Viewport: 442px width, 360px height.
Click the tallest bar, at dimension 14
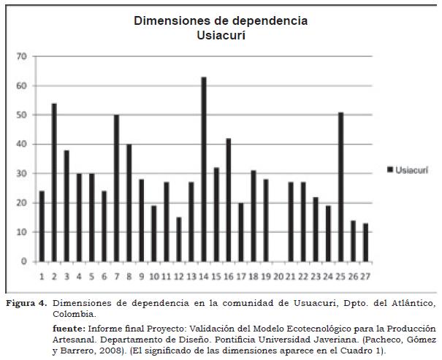pos(204,169)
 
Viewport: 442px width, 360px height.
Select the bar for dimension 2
pos(54,183)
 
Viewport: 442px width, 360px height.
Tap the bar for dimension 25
pos(340,187)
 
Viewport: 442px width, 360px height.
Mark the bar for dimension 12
pos(179,240)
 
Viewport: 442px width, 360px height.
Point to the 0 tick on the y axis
pos(24,261)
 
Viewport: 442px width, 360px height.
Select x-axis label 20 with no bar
pos(278,277)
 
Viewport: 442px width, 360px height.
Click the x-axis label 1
pos(42,277)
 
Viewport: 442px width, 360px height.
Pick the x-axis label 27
pos(365,277)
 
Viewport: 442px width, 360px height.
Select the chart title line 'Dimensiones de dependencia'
pos(220,20)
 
